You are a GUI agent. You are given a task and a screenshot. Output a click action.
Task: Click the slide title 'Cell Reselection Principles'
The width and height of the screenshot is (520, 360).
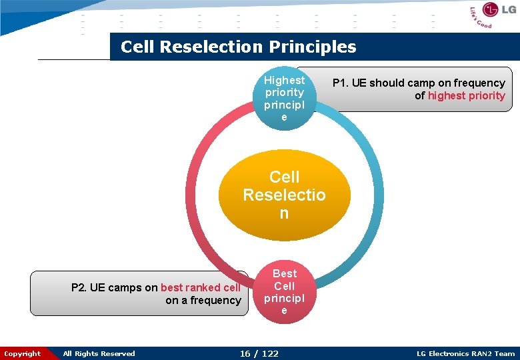[x=238, y=47]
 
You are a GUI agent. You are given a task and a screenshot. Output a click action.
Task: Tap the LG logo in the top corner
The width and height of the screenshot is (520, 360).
[x=492, y=11]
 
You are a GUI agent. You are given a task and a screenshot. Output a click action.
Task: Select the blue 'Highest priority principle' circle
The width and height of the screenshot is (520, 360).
[x=284, y=98]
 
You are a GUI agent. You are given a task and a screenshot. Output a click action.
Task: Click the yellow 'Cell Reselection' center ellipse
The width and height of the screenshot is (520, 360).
[x=284, y=195]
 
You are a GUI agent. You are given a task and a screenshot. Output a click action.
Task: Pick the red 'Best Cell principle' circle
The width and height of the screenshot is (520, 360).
[x=284, y=292]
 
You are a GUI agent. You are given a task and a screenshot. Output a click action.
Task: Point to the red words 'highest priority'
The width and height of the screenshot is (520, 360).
[x=466, y=95]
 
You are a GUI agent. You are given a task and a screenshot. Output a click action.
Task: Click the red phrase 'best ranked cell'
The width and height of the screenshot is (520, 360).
[x=200, y=287]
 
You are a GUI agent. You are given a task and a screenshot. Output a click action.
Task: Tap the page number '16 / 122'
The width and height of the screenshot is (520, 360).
[x=259, y=353]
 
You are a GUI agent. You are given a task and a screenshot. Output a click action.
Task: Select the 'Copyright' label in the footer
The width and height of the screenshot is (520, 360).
[x=23, y=353]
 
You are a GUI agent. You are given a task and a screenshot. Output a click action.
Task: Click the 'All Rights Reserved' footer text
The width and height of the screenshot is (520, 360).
[x=99, y=353]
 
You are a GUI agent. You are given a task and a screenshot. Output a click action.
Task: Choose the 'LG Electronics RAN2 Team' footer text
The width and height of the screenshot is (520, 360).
[x=465, y=353]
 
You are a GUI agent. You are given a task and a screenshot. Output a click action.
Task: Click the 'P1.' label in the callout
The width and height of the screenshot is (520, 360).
[x=340, y=83]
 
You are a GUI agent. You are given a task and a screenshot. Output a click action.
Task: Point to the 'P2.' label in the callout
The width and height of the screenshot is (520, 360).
[x=79, y=287]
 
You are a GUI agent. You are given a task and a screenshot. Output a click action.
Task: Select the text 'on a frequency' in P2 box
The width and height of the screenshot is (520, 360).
[x=203, y=300]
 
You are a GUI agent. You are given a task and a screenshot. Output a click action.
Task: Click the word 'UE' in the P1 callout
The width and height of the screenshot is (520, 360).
[x=360, y=83]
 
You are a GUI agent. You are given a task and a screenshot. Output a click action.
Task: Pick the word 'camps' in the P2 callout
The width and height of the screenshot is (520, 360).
[x=125, y=287]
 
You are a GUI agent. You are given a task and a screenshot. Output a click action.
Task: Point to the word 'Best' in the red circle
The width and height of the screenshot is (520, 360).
[x=285, y=273]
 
